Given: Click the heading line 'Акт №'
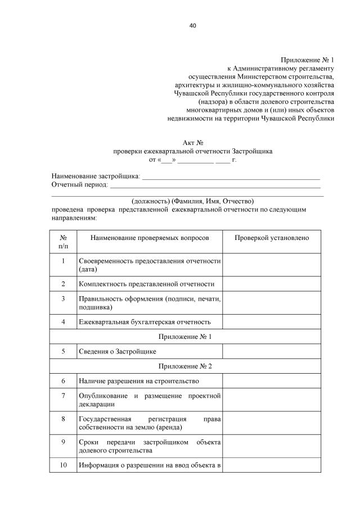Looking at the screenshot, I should click(193, 143).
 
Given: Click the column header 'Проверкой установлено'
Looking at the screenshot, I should click(272, 238).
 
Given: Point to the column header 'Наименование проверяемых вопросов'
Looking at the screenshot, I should click(149, 238).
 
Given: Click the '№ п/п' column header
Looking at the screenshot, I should click(63, 242).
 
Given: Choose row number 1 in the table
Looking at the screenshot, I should click(63, 261).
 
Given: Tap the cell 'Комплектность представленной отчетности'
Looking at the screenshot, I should click(147, 284).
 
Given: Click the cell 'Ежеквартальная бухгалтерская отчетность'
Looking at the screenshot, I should click(145, 322).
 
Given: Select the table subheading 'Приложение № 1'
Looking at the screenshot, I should click(193, 337).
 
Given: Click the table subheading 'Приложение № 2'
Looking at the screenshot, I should click(193, 366).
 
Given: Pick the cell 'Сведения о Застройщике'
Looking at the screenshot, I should click(118, 351).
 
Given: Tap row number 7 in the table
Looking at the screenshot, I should click(63, 396).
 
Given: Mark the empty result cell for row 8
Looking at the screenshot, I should click(272, 423).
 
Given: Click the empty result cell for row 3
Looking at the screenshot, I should click(272, 303).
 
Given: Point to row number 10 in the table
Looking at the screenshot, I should click(63, 464).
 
